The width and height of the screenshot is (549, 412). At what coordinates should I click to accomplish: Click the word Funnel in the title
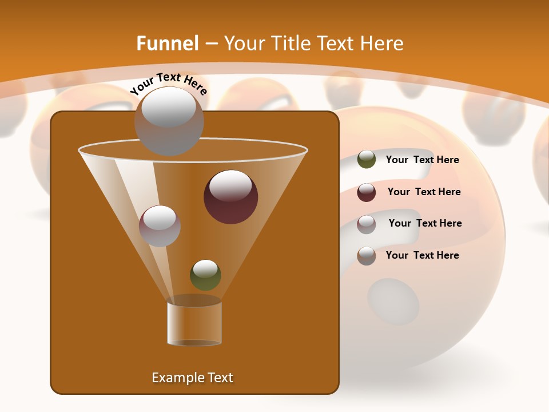pos(167,43)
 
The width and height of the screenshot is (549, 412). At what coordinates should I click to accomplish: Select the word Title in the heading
pos(291,43)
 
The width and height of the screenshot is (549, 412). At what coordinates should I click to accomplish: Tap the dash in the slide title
pos(210,43)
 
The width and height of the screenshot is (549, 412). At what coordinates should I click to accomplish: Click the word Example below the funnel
pos(177,378)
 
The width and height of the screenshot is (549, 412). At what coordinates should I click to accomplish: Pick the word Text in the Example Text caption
pos(220,378)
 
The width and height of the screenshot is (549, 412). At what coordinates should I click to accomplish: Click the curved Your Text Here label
pos(168,84)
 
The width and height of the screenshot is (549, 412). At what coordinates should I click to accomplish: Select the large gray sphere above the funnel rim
pos(169,122)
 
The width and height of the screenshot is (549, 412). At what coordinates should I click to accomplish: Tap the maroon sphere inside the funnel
pos(231,196)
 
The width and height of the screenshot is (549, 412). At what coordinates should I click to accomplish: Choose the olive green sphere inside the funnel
pos(205,275)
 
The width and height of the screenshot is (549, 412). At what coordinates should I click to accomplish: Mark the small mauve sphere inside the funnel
pos(160,225)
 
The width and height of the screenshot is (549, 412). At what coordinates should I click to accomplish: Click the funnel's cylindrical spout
pos(194,323)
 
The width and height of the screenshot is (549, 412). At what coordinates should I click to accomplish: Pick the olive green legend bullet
pos(367,160)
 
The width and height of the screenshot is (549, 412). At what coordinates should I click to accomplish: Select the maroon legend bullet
pos(367,192)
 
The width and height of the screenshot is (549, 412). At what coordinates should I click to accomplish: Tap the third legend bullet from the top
pos(367,224)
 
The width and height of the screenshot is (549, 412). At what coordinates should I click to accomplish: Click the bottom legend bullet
pos(367,255)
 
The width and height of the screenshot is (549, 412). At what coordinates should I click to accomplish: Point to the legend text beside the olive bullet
pos(422,160)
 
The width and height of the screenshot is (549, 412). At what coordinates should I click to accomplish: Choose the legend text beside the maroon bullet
pos(424,192)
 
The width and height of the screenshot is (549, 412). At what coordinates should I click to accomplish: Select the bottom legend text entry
pos(422,255)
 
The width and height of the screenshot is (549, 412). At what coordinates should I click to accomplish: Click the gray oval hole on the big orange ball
pos(393,301)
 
